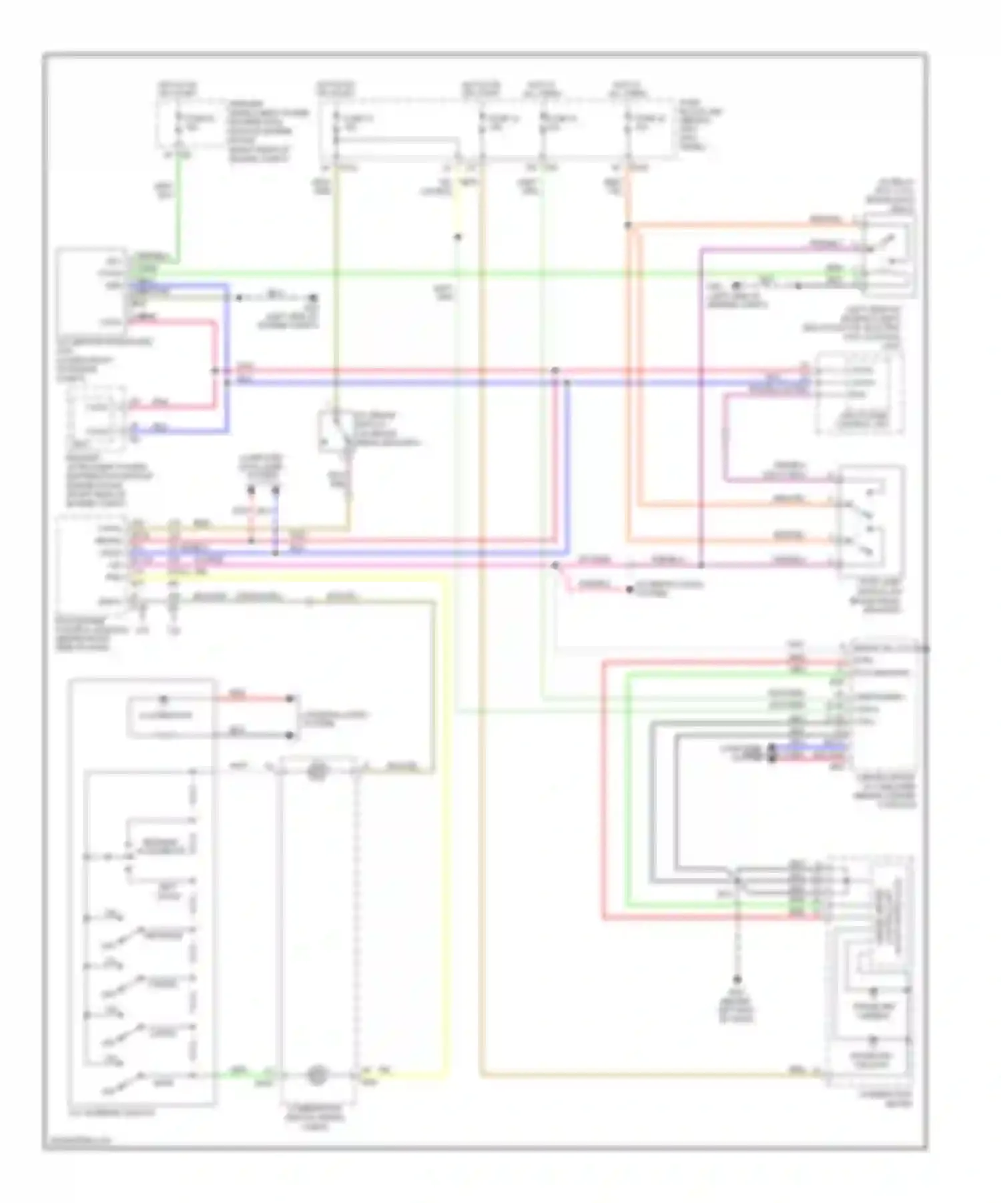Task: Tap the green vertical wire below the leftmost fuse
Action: click(178, 214)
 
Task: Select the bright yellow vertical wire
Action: click(445, 834)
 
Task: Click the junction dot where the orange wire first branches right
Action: click(628, 226)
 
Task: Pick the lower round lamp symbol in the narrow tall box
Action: click(317, 1076)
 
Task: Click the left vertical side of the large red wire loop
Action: click(604, 787)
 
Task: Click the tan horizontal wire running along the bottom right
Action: click(634, 1075)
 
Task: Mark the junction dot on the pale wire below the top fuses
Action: click(458, 237)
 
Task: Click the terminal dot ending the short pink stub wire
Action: click(628, 590)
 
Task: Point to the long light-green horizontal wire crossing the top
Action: click(467, 272)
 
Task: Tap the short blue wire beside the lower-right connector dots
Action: click(807, 747)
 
